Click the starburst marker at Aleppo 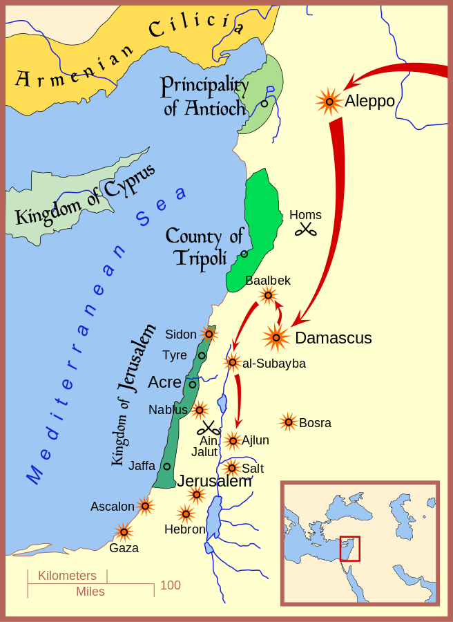pos(329,102)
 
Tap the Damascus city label pos(333,338)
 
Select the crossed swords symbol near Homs pos(305,229)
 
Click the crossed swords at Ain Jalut pos(208,428)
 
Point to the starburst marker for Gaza pos(124,531)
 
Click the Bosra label pos(315,423)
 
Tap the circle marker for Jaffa pos(166,466)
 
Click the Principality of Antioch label pos(204,97)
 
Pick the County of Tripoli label pos(204,247)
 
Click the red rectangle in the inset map pos(350,548)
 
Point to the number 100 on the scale pos(170,585)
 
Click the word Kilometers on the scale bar pos(67,576)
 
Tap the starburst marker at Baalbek pos(268,296)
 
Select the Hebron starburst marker pos(185,513)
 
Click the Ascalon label pos(112,507)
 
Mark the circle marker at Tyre pos(202,355)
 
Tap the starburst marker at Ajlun pos(232,440)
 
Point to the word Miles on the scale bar pos(90,592)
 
